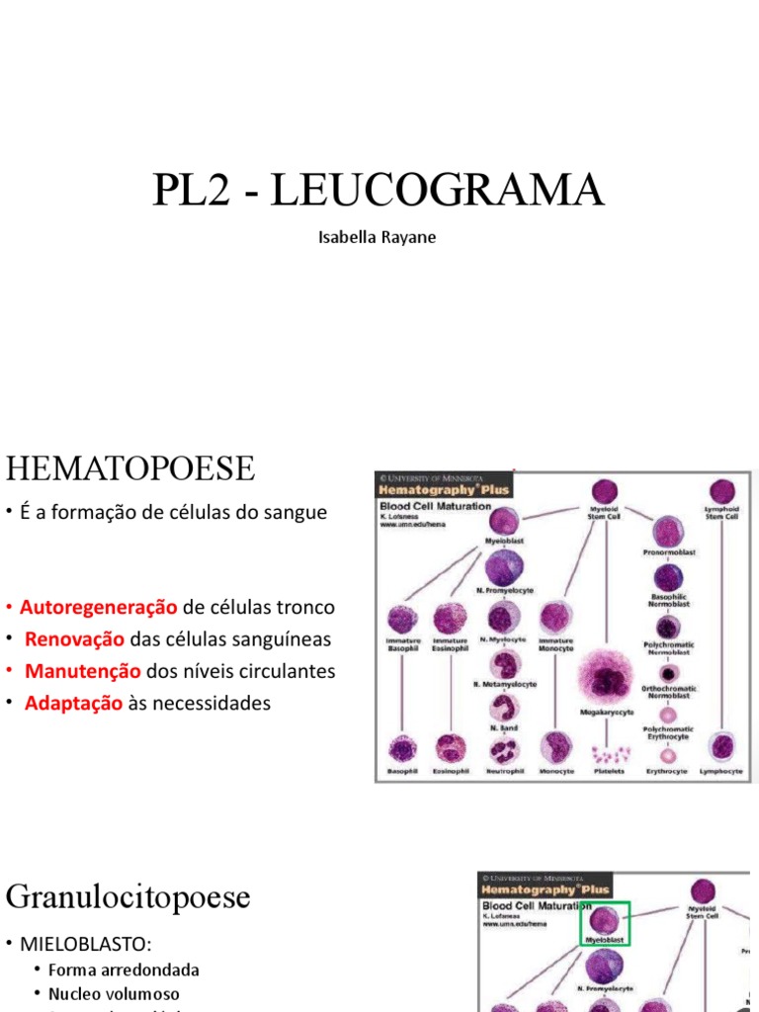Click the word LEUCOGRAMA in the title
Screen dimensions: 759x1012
pos(436,191)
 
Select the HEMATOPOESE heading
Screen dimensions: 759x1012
pos(130,467)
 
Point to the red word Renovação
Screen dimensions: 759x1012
pos(75,638)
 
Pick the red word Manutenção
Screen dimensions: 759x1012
pos(83,671)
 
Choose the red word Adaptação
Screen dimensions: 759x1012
pos(74,703)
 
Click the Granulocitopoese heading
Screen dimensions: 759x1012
pos(128,897)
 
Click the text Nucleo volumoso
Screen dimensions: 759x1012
pos(114,993)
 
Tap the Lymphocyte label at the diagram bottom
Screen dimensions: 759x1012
pos(721,771)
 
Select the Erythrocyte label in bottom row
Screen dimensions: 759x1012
pos(667,771)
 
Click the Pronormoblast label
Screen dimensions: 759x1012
pos(668,552)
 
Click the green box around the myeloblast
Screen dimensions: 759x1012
pos(604,923)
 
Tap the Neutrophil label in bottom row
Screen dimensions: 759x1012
pos(503,771)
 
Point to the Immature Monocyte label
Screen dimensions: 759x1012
pos(555,644)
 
